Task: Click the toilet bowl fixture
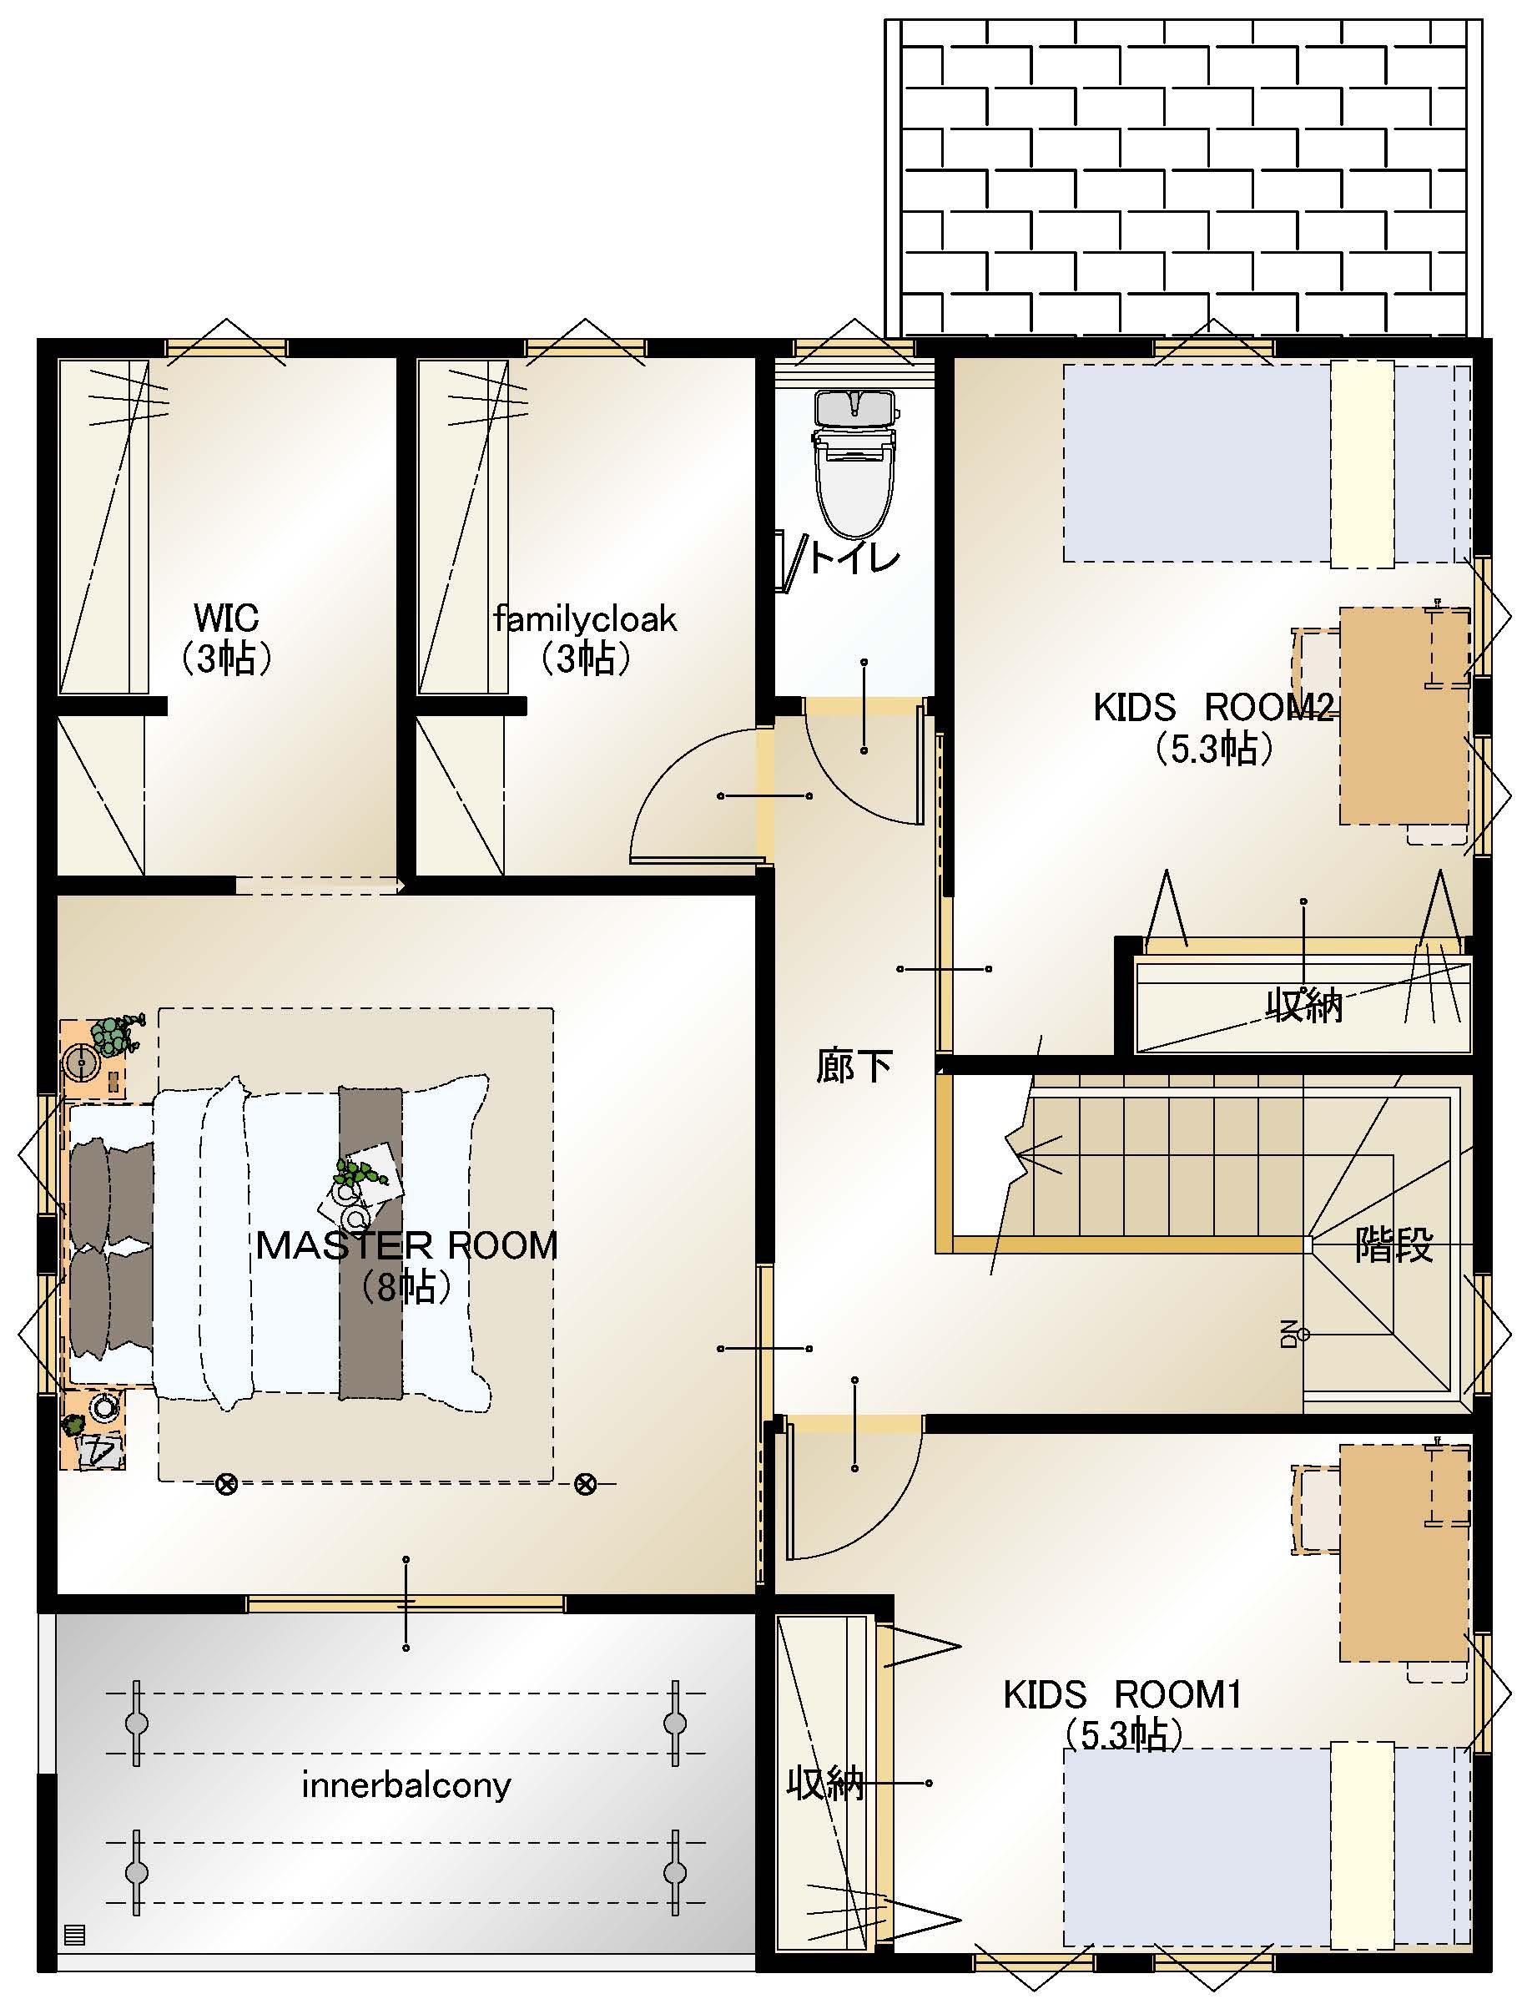(854, 465)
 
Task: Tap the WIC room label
(226, 618)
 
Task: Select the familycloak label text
(585, 619)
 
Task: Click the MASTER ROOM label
(406, 1244)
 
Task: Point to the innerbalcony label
(406, 1784)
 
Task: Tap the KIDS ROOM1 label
(1122, 1694)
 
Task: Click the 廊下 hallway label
(854, 1065)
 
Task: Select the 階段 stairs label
(1394, 1244)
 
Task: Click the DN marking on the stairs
(1288, 1333)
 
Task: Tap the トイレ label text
(854, 556)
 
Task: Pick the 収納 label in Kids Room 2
(1304, 1005)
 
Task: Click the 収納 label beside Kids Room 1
(825, 1783)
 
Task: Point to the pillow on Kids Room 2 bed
(1363, 464)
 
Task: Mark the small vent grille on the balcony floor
(75, 1934)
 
